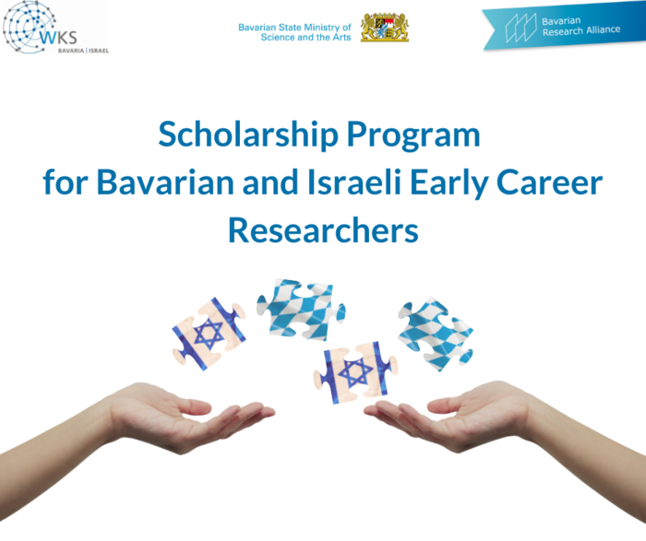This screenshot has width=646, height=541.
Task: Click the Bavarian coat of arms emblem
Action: click(384, 27)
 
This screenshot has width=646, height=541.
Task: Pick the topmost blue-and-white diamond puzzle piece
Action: click(300, 308)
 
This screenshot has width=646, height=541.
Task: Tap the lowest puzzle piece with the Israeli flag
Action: click(355, 372)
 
